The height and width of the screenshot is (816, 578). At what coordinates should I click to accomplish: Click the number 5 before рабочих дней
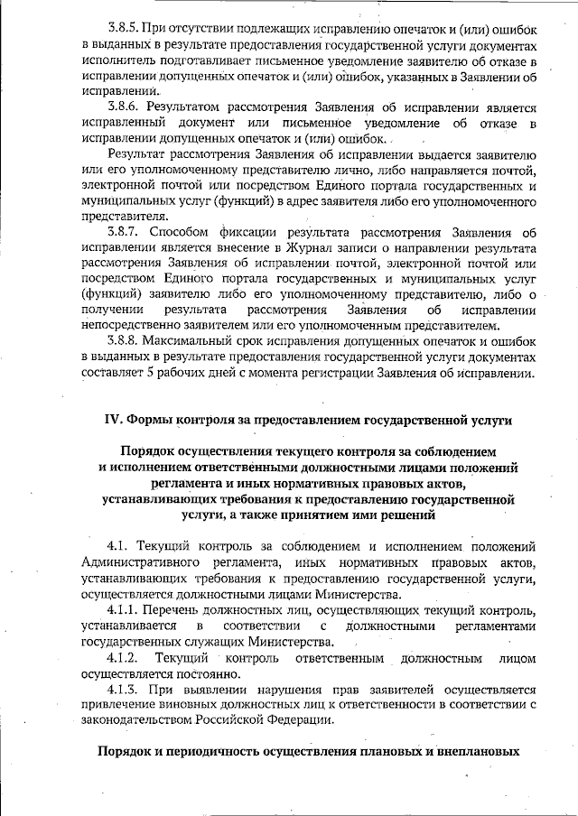pyautogui.click(x=154, y=373)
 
